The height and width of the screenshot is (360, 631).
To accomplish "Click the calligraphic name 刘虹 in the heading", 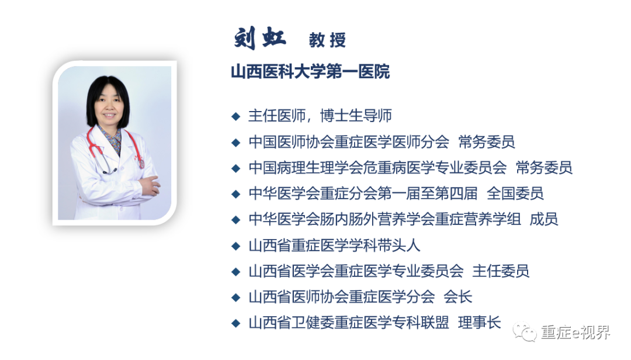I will coord(260,38).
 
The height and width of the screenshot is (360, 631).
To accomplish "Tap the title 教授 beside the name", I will coord(327,40).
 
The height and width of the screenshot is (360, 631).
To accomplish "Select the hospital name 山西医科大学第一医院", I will coord(310,72).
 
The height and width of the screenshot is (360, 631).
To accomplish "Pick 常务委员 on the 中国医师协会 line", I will coord(486,141).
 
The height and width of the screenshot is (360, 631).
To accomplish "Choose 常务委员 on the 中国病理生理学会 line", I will coord(544,168).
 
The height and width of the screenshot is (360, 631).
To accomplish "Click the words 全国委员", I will coord(515,193).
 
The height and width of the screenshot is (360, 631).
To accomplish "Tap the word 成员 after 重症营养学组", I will coord(543,219).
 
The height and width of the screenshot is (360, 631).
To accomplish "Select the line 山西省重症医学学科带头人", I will coord(334,245).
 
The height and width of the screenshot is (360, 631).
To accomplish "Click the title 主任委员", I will coord(501,271).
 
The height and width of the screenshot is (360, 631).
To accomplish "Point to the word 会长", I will coord(457,297).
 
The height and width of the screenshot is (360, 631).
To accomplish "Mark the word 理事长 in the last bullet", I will coord(480,323).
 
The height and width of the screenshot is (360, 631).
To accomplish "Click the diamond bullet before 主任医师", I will coord(235,116).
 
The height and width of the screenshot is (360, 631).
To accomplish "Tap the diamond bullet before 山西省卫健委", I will coord(235,323).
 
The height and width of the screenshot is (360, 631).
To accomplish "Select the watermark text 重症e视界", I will coord(575,333).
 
